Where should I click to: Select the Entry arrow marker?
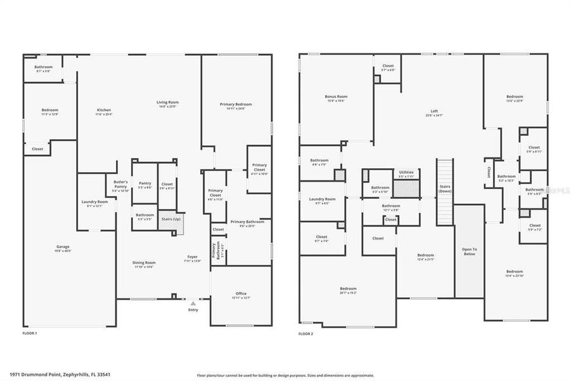[x=193, y=304]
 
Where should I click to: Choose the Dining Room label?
[x=144, y=264]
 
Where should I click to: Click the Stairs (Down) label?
[x=445, y=189]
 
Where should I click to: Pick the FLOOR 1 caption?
[x=30, y=333]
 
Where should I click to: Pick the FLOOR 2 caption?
[x=306, y=333]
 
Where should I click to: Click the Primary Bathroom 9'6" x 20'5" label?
[x=247, y=223]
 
